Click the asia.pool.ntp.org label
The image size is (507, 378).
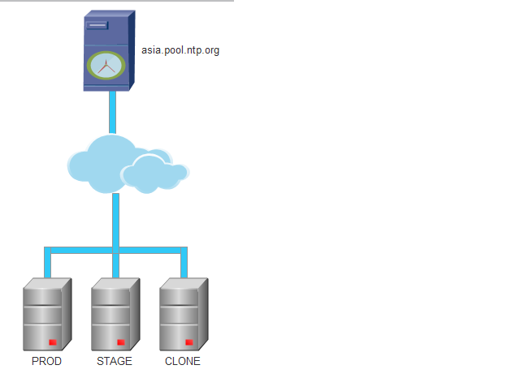(x=180, y=50)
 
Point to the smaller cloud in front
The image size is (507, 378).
(x=153, y=173)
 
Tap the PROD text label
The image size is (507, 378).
(x=46, y=362)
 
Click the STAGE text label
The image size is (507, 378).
(x=115, y=362)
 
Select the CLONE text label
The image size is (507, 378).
(x=183, y=362)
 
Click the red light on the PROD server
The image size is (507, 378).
(x=52, y=341)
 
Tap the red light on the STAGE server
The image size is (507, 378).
(x=120, y=341)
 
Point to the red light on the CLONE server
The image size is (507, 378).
(x=188, y=341)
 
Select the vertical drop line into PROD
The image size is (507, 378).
(x=47, y=264)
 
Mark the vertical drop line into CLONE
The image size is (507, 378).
(x=184, y=264)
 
